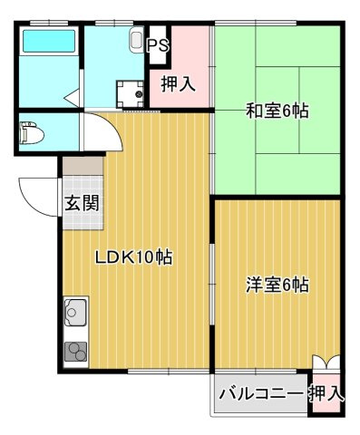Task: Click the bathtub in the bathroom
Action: point(48,42)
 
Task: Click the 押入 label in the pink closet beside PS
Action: point(179,85)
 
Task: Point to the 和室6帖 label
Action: point(277,111)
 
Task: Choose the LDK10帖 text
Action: point(134,257)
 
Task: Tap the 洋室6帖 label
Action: point(277,285)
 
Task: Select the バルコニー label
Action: point(261,393)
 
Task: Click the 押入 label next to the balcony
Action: point(326,393)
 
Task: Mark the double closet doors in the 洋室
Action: point(326,361)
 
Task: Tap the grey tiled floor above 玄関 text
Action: point(81,172)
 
